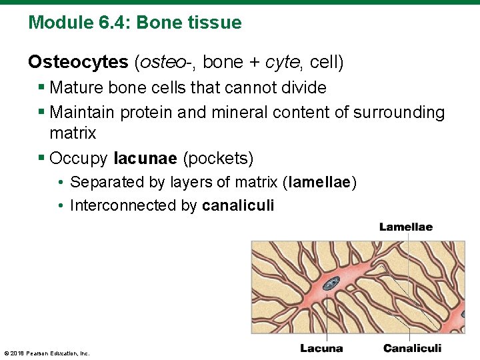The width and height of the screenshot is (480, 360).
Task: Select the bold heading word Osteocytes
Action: pyautogui.click(x=78, y=63)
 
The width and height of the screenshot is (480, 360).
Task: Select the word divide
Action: pyautogui.click(x=304, y=88)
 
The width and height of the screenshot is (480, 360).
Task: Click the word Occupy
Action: pyautogui.click(x=79, y=159)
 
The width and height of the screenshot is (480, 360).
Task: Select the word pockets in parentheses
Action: pyautogui.click(x=218, y=159)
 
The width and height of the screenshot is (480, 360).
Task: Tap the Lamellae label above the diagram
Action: pyautogui.click(x=405, y=227)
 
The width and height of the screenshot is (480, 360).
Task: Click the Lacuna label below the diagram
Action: pyautogui.click(x=321, y=348)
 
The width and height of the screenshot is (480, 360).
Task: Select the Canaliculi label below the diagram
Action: pyautogui.click(x=412, y=348)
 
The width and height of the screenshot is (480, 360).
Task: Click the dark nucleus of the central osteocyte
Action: pyautogui.click(x=331, y=282)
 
